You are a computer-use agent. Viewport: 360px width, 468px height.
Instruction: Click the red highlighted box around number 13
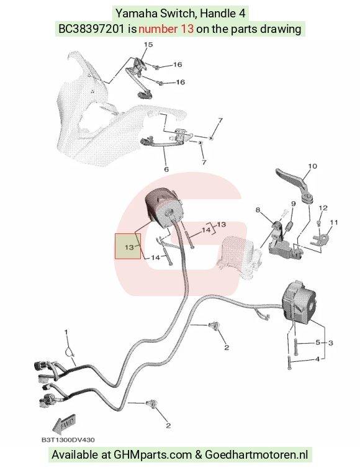pos(128,246)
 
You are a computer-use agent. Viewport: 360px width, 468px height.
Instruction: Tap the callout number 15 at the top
pos(148,45)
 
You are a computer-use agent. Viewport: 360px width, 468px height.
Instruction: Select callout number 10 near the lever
pos(312,166)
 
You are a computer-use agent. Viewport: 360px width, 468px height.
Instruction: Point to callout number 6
pos(166,169)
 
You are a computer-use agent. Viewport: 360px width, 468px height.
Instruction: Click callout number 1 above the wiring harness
pos(66,332)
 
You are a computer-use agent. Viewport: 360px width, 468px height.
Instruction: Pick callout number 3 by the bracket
pos(330,343)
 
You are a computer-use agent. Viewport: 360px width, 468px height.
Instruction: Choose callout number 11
pos(334,222)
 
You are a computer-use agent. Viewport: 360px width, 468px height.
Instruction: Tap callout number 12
pos(323,208)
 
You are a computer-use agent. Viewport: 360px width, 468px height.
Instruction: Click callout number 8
pos(258,210)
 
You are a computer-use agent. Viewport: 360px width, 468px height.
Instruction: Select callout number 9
pos(293,204)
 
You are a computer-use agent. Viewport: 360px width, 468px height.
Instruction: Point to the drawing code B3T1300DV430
pos(68,439)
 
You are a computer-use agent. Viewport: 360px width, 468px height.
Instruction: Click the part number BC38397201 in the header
pos(91,29)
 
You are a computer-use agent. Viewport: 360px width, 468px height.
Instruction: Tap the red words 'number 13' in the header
pos(166,29)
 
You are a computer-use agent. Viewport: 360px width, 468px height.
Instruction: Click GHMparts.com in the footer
pos(153,454)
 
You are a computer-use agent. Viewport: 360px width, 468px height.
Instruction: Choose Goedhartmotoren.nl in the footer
pos(256,454)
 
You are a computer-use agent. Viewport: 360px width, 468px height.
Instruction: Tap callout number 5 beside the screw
pos(318,343)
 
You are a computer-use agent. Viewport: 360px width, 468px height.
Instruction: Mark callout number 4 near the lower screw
pos(317,359)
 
